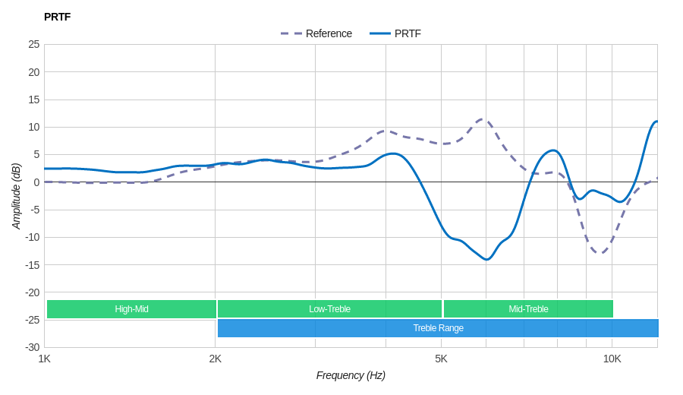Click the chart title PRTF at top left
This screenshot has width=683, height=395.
coord(57,17)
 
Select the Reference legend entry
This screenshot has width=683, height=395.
coord(316,33)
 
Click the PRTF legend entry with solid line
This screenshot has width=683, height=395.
coord(395,33)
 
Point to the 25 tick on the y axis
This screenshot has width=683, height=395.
coord(34,44)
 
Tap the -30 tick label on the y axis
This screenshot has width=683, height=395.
coord(32,347)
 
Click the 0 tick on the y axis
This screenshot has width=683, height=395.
coord(36,182)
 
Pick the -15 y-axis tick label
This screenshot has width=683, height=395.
coord(32,264)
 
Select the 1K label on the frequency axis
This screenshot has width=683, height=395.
coord(45,359)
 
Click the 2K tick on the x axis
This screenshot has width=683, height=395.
coord(216,359)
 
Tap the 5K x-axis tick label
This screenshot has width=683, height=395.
coord(441,359)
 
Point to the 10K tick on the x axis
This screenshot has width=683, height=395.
coord(612,359)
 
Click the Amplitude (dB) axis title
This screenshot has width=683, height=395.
coord(17,196)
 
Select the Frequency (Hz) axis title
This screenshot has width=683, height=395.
coord(351,375)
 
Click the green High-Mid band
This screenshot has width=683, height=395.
coord(131,309)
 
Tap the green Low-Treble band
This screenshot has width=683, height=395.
coord(329,309)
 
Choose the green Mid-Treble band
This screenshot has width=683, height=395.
coord(528,309)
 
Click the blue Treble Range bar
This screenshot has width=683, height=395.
coord(438,328)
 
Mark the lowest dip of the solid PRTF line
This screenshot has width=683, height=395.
coord(486,260)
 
